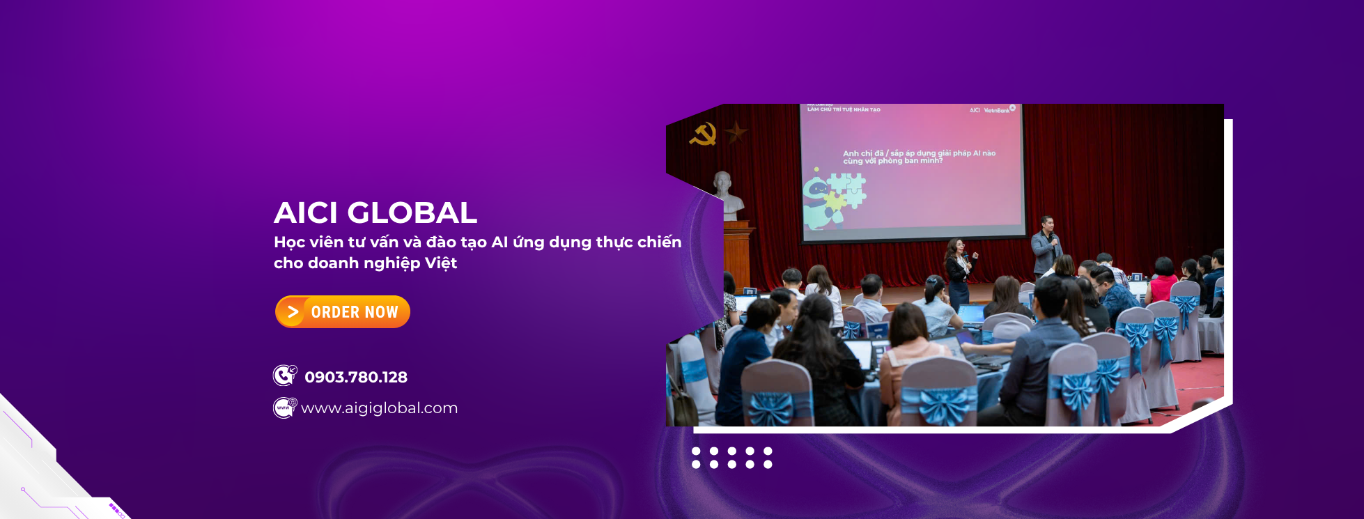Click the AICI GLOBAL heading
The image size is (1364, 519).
pos(375,212)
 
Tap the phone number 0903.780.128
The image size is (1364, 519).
pos(356,377)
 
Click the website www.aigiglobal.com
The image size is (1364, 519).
pos(380,408)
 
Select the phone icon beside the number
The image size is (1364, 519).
pos(284,375)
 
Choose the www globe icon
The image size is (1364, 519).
pos(284,407)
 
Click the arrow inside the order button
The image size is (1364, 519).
pos(293,311)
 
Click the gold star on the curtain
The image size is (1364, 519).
pos(736,131)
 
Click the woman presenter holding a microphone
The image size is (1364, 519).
pos(959,268)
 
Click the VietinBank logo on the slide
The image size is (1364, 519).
pos(997,110)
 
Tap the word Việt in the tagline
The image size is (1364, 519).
pos(440,263)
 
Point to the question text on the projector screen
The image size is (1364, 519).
pos(919,157)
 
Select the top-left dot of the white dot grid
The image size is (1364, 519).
pos(696,451)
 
